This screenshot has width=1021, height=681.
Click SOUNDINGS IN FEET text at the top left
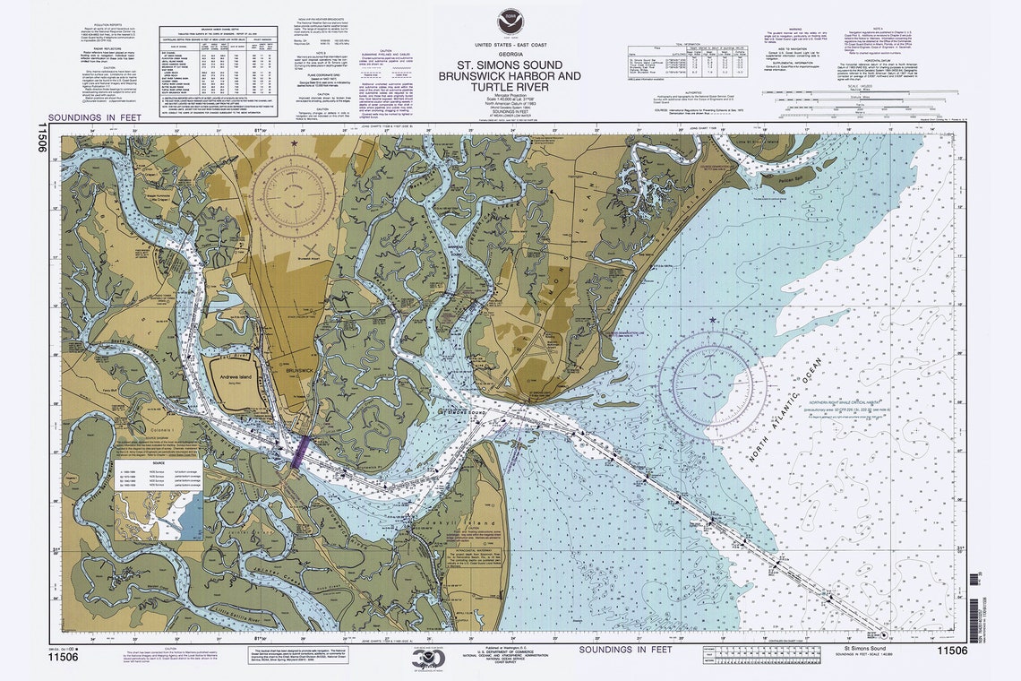(x=90, y=117)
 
